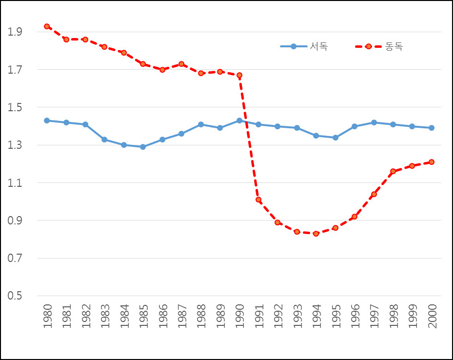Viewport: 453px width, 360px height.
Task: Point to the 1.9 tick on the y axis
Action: coord(16,32)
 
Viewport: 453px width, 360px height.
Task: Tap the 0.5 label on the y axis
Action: coord(16,296)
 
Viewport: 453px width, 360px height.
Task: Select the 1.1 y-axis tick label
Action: coord(16,183)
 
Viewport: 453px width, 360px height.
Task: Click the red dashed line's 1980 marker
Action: coord(47,26)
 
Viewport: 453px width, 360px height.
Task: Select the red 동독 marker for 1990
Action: coord(239,75)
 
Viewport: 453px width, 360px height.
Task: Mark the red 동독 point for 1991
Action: coord(258,200)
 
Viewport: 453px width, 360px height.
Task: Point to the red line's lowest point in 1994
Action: coord(316,234)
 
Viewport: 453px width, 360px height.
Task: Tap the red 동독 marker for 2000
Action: coord(432,162)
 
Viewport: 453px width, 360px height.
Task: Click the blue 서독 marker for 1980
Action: coord(47,120)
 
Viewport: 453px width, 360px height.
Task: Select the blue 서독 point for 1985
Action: coord(143,147)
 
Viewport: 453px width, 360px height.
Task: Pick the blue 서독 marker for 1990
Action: coord(239,120)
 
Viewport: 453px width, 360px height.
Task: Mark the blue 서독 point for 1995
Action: coord(335,138)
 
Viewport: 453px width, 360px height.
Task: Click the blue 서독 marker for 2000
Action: coord(432,128)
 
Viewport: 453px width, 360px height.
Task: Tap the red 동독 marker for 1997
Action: coord(374,194)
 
